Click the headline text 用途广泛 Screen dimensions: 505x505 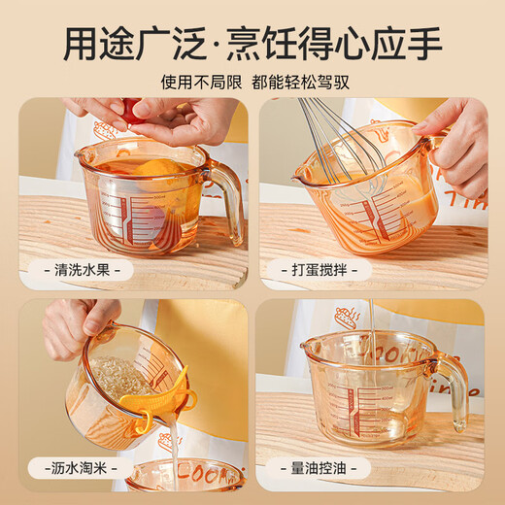tap(137, 43)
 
